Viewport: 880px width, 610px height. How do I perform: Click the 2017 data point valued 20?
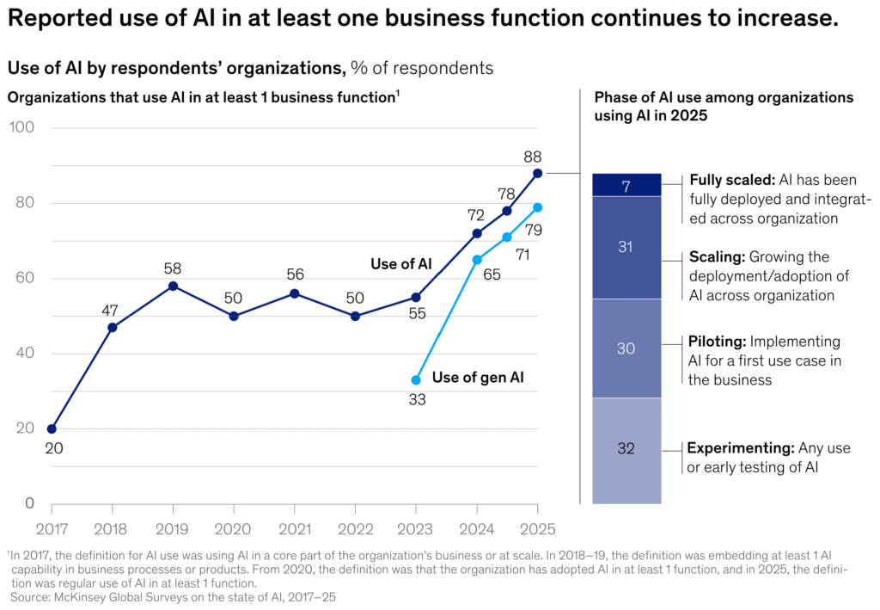click(x=52, y=428)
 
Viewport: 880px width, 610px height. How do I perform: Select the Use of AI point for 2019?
click(x=173, y=286)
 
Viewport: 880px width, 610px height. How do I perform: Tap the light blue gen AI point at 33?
click(x=416, y=379)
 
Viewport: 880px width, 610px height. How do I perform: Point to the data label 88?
click(x=532, y=157)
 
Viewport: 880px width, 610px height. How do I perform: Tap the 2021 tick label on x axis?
click(x=294, y=525)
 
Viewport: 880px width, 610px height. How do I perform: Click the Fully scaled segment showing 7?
click(x=626, y=185)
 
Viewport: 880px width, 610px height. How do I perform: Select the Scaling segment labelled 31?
click(x=626, y=247)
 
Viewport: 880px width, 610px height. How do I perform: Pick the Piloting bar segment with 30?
click(x=626, y=348)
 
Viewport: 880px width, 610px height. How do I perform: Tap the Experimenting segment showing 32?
click(x=626, y=448)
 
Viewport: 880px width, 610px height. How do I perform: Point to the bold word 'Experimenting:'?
click(x=741, y=447)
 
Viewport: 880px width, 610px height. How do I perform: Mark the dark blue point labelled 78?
click(x=507, y=211)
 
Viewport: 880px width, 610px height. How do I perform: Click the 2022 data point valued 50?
click(x=355, y=316)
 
